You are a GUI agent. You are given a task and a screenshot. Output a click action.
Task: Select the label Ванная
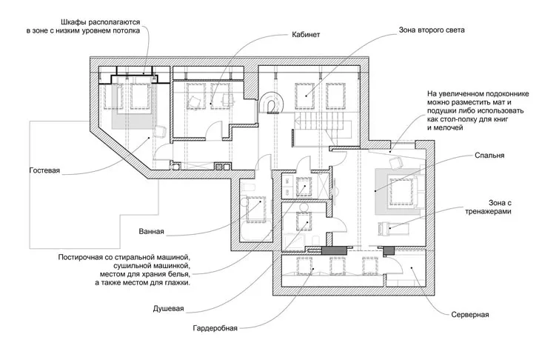151,231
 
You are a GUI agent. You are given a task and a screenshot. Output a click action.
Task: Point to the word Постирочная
87,257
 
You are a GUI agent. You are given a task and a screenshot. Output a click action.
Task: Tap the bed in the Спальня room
400,190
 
